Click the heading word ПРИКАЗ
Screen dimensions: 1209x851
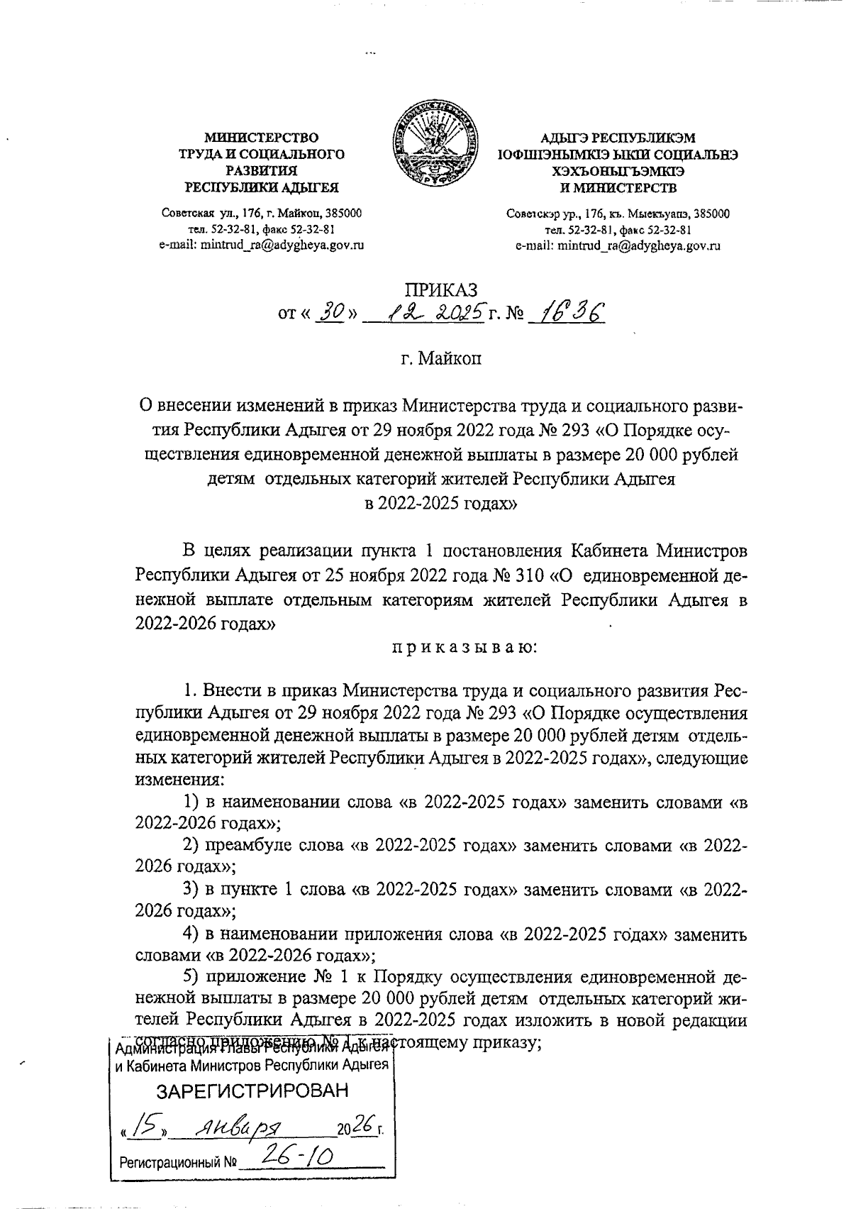pos(440,289)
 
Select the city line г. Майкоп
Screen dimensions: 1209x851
pos(440,359)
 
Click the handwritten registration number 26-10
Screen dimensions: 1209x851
pos(296,1160)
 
